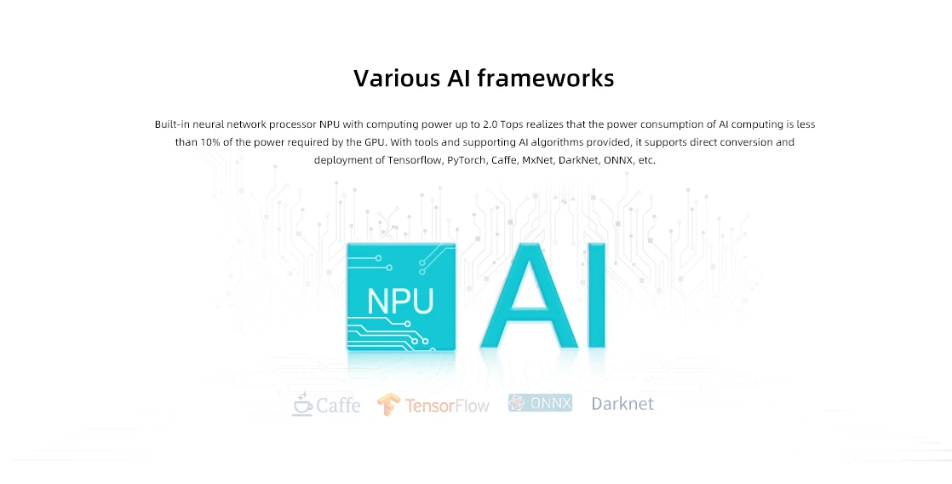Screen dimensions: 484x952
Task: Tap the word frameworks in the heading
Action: point(545,78)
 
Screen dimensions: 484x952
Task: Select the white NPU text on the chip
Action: point(400,301)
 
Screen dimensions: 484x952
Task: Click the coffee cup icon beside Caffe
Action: point(302,404)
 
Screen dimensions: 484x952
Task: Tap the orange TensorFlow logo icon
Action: point(389,405)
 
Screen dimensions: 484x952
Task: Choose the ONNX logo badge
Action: point(540,403)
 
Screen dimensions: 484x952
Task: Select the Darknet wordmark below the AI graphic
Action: point(622,403)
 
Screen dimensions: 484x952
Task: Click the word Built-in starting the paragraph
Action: point(173,124)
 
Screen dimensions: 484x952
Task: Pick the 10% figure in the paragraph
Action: point(210,142)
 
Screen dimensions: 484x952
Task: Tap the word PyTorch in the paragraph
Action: point(465,160)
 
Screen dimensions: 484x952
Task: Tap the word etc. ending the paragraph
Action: point(646,160)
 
